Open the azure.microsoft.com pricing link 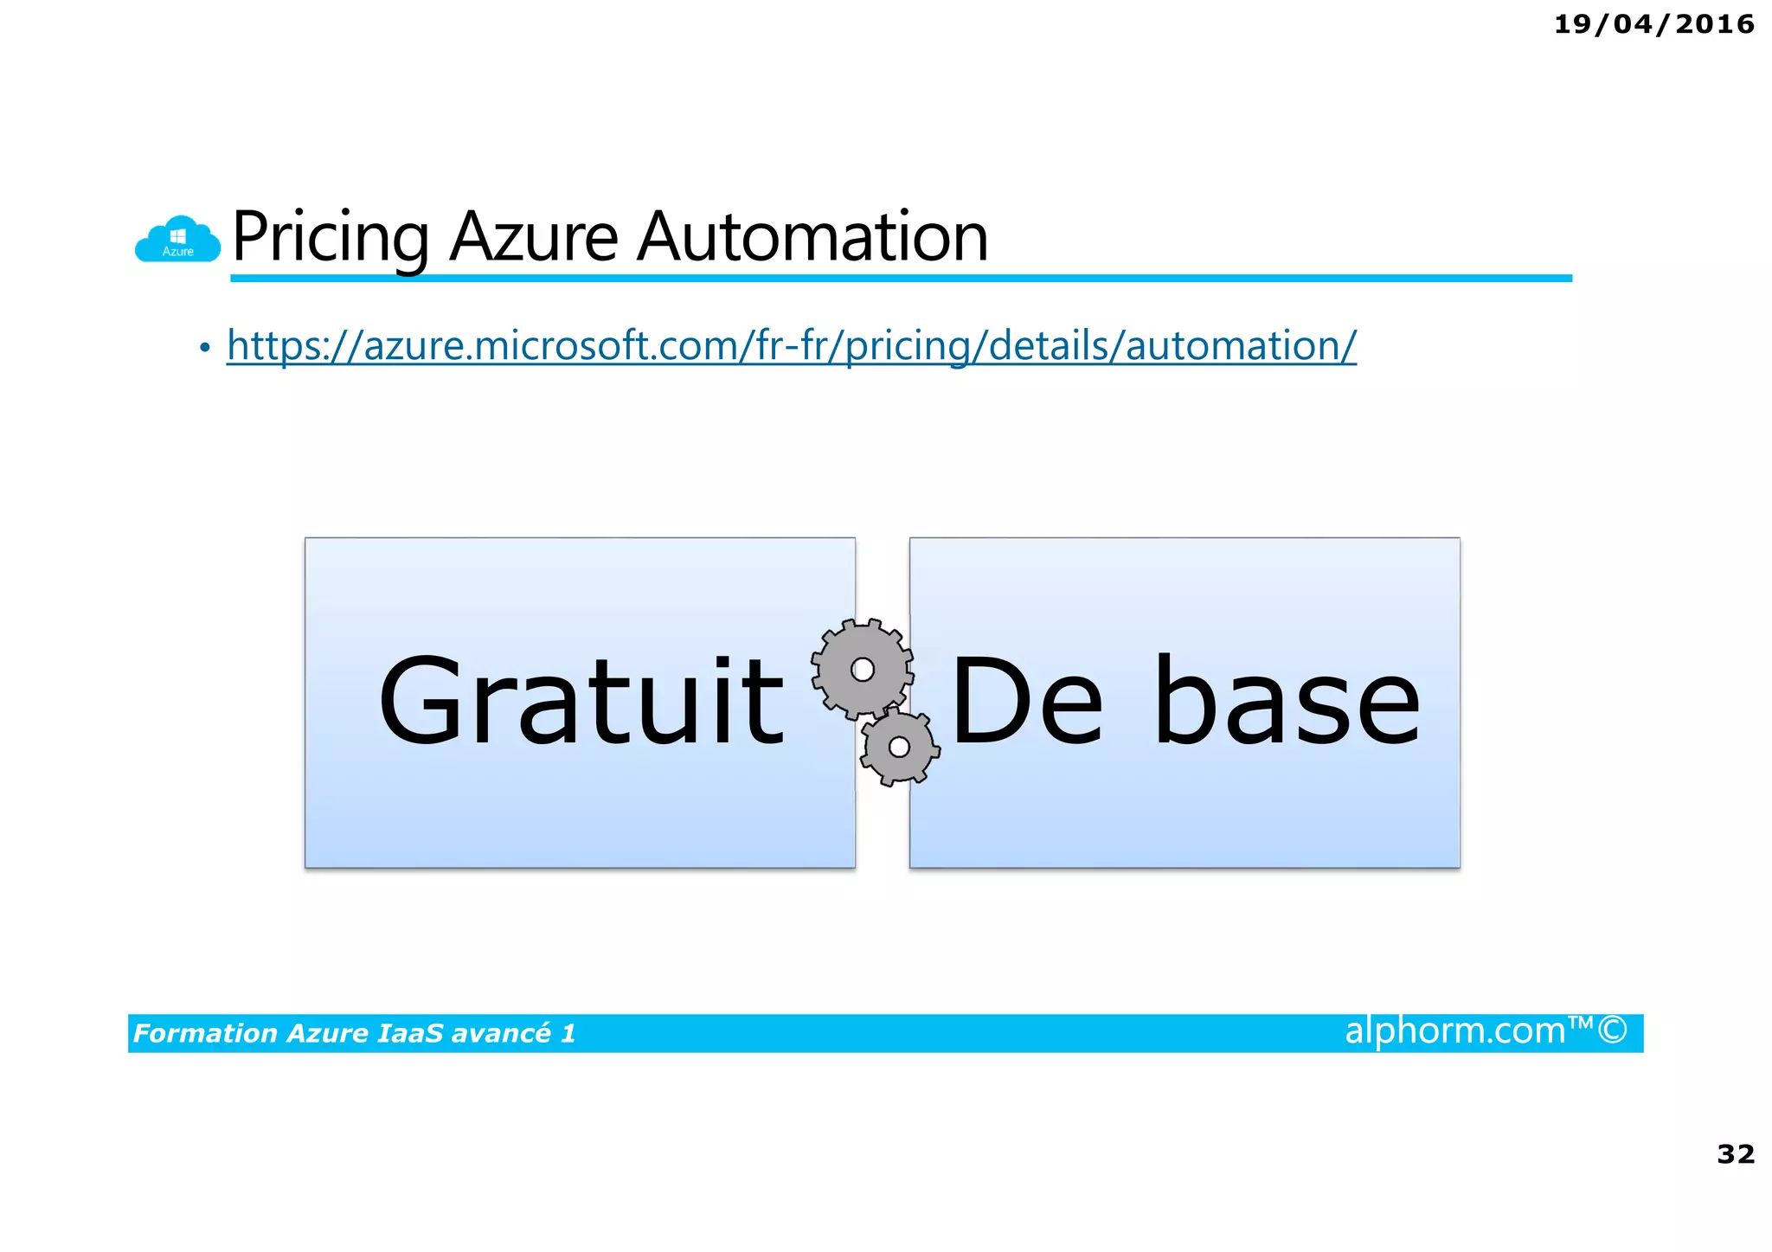click(791, 346)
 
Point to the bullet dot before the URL click(204, 348)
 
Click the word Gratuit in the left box click(581, 701)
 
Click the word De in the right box click(1026, 701)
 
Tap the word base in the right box click(1287, 701)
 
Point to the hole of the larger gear click(863, 669)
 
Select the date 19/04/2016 click(1653, 24)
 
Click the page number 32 click(1736, 1153)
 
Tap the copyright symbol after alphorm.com click(1612, 1030)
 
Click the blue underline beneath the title click(900, 278)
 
